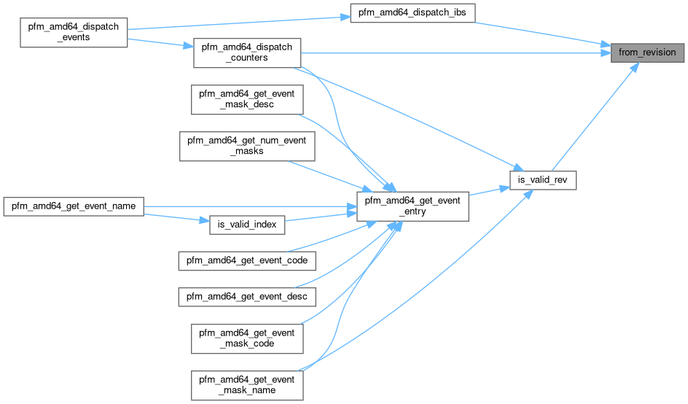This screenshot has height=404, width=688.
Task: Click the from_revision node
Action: click(648, 53)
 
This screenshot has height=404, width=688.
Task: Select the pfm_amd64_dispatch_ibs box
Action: click(413, 13)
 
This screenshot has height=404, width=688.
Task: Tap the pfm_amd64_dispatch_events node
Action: click(74, 31)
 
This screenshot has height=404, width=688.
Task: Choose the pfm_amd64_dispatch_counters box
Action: click(247, 53)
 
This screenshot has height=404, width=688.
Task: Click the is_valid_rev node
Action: click(543, 179)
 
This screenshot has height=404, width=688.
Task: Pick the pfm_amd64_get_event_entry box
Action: click(411, 205)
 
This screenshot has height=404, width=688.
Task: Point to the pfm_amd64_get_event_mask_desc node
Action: click(247, 100)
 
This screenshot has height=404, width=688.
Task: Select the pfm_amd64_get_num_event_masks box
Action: click(247, 147)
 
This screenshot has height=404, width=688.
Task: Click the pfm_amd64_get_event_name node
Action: click(74, 206)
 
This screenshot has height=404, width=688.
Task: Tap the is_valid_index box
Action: click(247, 225)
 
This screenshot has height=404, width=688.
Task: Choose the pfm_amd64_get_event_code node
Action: click(247, 260)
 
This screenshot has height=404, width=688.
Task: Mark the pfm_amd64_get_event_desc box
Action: click(247, 297)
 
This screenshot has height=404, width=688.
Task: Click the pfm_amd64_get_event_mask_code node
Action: click(247, 338)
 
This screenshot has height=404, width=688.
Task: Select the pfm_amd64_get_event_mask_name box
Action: click(247, 385)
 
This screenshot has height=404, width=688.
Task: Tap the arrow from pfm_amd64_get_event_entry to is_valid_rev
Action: click(488, 191)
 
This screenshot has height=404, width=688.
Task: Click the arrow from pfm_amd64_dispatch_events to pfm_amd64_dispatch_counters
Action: click(160, 43)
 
